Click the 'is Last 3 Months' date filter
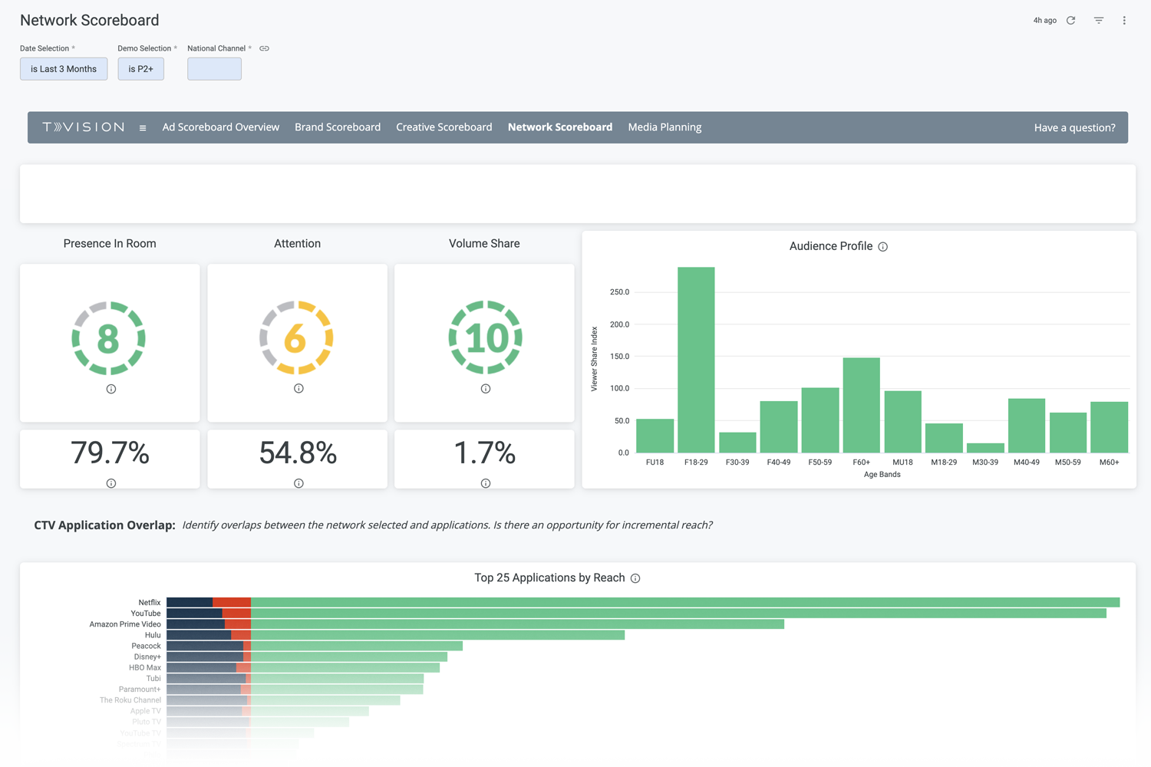(64, 69)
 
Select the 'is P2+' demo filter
(140, 69)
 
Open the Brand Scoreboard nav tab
(338, 127)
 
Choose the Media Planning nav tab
(665, 127)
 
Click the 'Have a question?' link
(1074, 128)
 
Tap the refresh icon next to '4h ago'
(1071, 21)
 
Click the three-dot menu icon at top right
(1124, 21)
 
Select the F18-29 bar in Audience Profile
(696, 360)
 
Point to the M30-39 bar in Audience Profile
(985, 448)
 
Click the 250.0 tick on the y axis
(619, 292)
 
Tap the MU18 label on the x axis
(902, 463)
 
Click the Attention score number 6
(295, 338)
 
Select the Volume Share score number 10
(485, 338)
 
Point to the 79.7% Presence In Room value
(110, 453)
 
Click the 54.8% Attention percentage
(298, 453)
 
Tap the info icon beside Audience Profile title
(883, 247)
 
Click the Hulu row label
(153, 635)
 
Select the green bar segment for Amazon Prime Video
(517, 624)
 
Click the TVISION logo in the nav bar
(84, 127)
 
